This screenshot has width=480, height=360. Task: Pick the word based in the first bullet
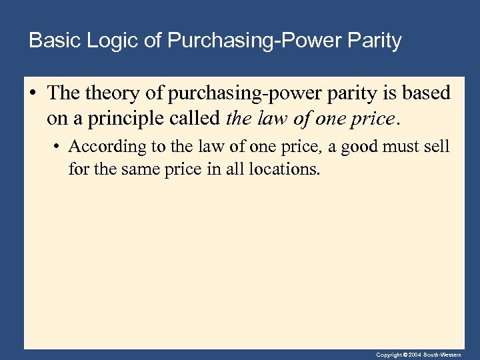coord(426,93)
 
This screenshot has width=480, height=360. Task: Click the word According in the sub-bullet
coord(101,145)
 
